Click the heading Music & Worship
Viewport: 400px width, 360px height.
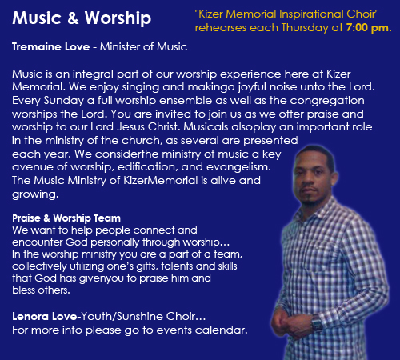point(82,18)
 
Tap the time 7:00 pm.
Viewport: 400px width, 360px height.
point(369,28)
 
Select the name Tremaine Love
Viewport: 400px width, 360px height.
point(50,47)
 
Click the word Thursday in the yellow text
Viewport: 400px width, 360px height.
point(305,28)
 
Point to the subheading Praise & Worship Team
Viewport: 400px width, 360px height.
point(66,218)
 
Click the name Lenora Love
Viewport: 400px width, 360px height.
point(45,317)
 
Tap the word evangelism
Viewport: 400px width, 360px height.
point(238,167)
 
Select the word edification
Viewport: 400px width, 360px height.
point(147,167)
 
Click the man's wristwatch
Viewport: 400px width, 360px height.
point(318,323)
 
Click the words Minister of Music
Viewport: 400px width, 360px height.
point(143,47)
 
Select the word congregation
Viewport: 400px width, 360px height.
point(327,101)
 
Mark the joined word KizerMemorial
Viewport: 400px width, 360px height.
point(161,181)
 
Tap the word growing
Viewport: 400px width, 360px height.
point(35,194)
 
